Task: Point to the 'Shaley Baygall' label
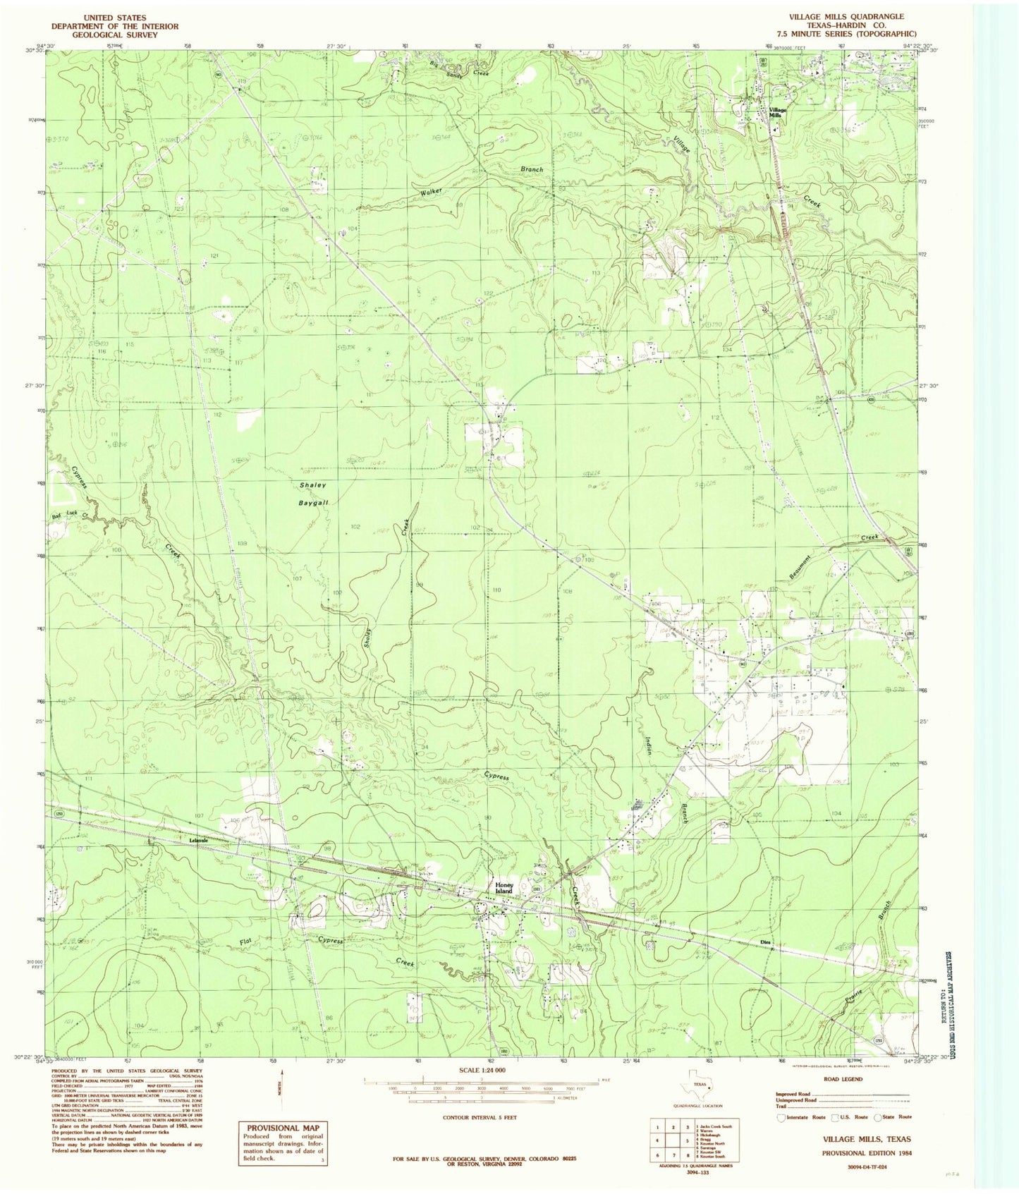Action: coord(313,494)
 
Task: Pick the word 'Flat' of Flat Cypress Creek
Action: coord(245,942)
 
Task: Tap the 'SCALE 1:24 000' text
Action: coord(482,1071)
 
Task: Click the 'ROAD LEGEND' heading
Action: coord(843,1079)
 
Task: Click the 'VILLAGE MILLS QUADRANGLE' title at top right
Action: coord(846,16)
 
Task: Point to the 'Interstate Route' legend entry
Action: coord(800,1116)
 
